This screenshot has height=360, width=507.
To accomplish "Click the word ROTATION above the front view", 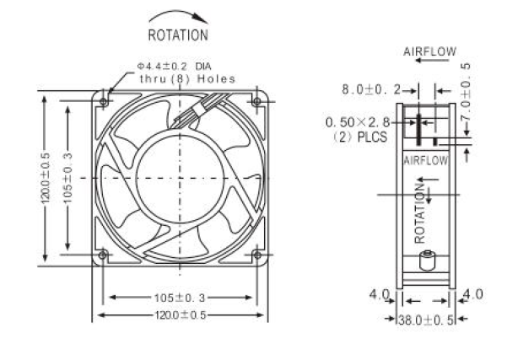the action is [178, 35].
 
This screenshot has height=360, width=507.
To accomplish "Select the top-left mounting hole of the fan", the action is [104, 102].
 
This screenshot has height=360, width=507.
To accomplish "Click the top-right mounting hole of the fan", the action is [256, 101].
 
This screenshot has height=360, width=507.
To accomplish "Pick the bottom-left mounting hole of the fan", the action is [103, 255].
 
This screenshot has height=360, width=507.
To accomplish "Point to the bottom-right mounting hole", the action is [257, 255].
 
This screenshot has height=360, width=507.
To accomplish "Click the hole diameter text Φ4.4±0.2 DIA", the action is [175, 67].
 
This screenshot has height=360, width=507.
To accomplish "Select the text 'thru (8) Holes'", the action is [187, 78].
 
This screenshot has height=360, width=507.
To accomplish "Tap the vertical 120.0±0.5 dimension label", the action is [45, 179].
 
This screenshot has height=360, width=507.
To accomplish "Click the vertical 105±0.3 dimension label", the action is [67, 178].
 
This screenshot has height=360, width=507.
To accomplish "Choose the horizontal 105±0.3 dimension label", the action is [180, 298].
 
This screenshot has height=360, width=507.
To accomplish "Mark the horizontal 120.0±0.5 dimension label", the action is [181, 315].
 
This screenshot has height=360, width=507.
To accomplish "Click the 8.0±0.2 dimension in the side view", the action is [371, 89].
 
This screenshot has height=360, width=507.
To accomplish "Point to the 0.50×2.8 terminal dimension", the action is [358, 122].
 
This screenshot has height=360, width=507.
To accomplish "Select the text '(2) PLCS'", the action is [360, 137].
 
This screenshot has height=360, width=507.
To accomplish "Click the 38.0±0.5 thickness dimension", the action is [426, 320].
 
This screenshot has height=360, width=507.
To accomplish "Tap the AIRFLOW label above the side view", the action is [429, 51].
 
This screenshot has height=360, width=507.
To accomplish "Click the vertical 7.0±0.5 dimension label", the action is [466, 93].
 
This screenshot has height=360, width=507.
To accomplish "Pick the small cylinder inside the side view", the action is [427, 261].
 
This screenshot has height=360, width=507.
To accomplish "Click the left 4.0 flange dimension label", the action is [380, 294].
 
